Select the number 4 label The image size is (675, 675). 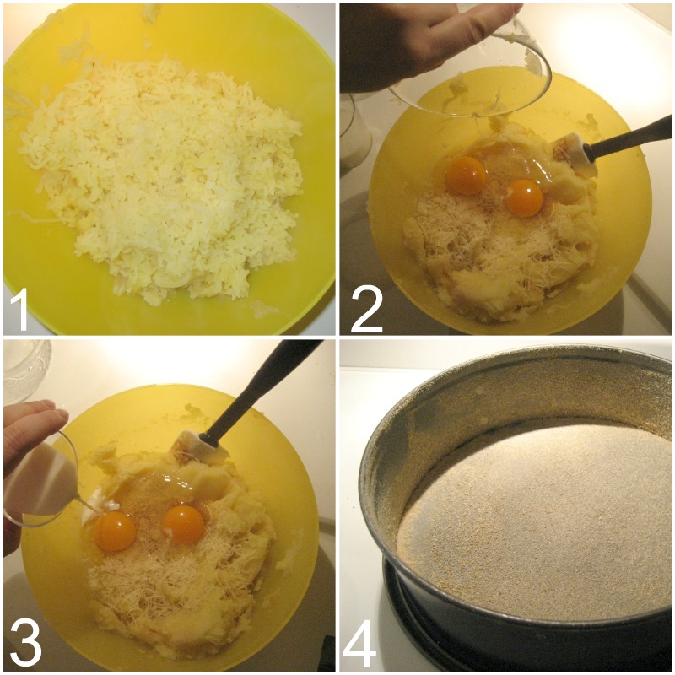(360, 645)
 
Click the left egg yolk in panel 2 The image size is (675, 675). (467, 175)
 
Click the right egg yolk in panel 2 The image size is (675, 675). (524, 197)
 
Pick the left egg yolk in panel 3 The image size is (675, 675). (115, 531)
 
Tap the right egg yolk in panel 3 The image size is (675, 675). (184, 524)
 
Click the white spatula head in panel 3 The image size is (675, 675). (202, 447)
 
